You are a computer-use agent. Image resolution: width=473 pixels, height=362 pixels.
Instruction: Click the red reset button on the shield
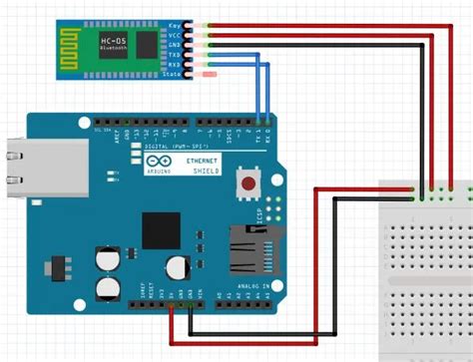(x=245, y=182)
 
